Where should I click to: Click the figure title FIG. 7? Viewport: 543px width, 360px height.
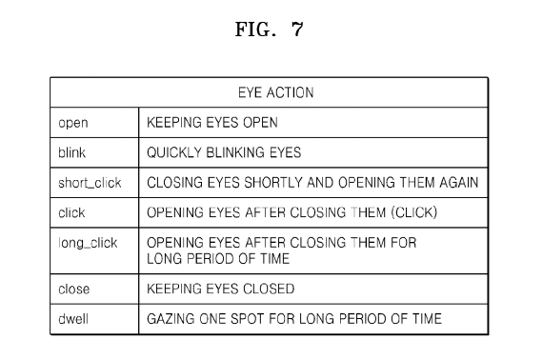point(270,30)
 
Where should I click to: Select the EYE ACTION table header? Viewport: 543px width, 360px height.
point(276,92)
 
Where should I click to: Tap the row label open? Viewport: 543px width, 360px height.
point(73,123)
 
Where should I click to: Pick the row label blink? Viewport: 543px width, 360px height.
point(71,152)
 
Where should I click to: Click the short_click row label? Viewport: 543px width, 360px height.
point(90,183)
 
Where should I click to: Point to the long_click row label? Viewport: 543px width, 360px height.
point(88,243)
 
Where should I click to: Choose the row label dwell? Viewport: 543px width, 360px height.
point(73,318)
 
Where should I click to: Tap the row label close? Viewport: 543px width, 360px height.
point(73,289)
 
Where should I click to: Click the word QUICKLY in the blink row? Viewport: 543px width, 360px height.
point(174,152)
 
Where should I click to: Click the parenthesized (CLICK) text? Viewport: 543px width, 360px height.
point(414,212)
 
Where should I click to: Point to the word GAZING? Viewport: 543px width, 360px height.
point(171,318)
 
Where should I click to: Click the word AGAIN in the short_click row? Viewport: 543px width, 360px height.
point(458,183)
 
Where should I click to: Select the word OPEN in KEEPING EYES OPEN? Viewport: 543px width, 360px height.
point(260,123)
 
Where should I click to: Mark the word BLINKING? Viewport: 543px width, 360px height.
point(234,152)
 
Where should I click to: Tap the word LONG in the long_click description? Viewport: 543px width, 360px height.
point(165,259)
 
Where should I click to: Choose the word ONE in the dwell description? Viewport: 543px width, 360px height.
point(212,318)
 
